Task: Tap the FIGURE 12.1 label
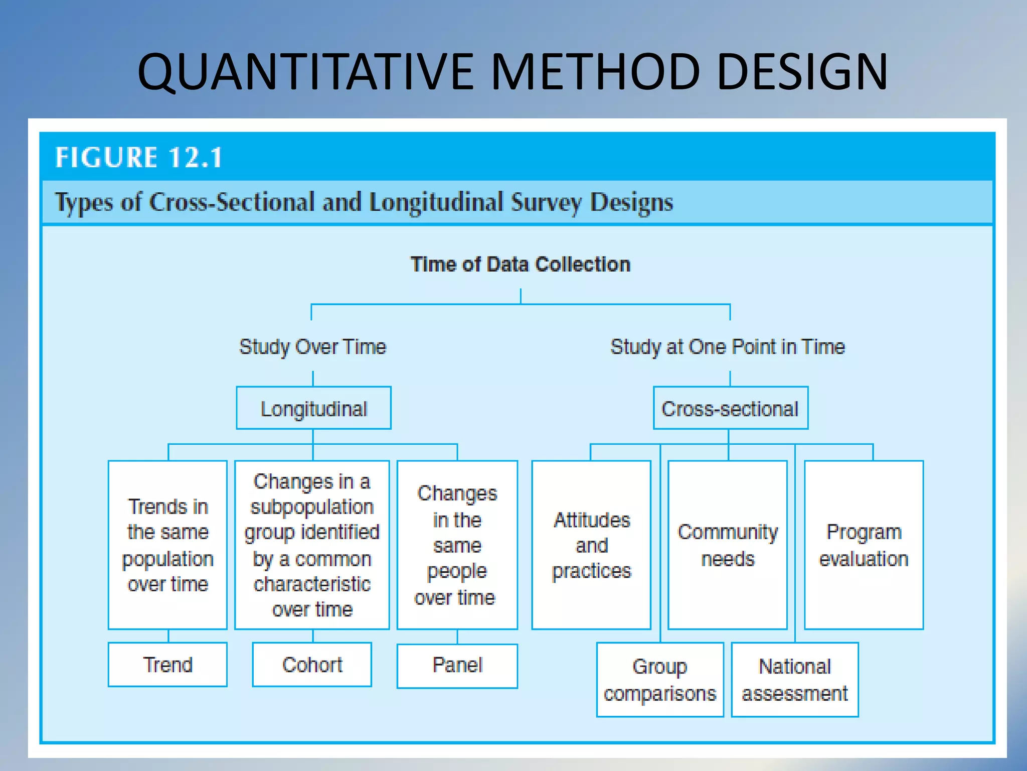pyautogui.click(x=139, y=158)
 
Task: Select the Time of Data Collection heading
pyautogui.click(x=520, y=265)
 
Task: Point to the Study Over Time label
pyautogui.click(x=312, y=347)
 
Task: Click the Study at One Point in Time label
pyautogui.click(x=727, y=347)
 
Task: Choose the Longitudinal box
pyautogui.click(x=313, y=409)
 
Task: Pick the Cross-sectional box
pyautogui.click(x=730, y=409)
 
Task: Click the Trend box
pyautogui.click(x=167, y=665)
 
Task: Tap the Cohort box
pyautogui.click(x=312, y=665)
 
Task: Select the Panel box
pyautogui.click(x=457, y=666)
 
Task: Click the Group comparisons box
pyautogui.click(x=660, y=680)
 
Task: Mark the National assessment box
pyautogui.click(x=794, y=680)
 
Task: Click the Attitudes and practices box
pyautogui.click(x=591, y=545)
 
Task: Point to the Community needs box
pyautogui.click(x=728, y=545)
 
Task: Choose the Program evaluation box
pyautogui.click(x=864, y=545)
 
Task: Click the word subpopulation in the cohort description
pyautogui.click(x=312, y=507)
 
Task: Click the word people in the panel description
pyautogui.click(x=457, y=571)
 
